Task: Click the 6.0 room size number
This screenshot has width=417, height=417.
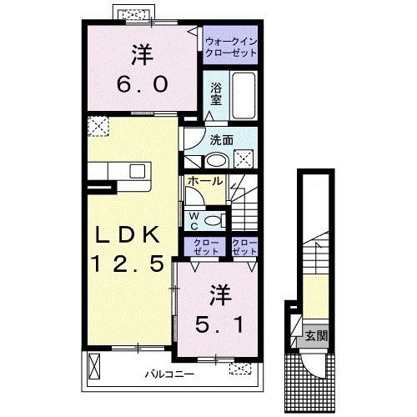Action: (x=143, y=84)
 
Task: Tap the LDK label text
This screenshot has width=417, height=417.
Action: (x=128, y=235)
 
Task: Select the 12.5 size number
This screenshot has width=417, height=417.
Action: (x=128, y=264)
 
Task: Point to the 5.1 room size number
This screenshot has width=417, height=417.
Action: (x=219, y=324)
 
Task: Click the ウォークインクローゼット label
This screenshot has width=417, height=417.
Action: (x=231, y=48)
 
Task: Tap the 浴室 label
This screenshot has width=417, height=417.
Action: (x=216, y=93)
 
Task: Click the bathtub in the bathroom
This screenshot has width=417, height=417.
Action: (x=244, y=96)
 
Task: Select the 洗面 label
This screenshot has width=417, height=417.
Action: (x=221, y=140)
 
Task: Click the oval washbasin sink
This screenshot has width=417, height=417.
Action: (x=216, y=161)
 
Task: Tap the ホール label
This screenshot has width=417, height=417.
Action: (x=205, y=181)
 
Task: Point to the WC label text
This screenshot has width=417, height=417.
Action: (x=194, y=222)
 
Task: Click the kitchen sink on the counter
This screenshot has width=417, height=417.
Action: (x=138, y=171)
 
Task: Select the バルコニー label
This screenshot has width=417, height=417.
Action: (x=169, y=374)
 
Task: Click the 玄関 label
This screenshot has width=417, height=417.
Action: (x=316, y=336)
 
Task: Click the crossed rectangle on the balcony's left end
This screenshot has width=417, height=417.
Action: (x=94, y=366)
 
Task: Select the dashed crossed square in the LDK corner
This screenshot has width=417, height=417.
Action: (x=98, y=127)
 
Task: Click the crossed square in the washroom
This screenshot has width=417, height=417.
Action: (x=244, y=158)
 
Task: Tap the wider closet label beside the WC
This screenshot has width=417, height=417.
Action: (x=206, y=247)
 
